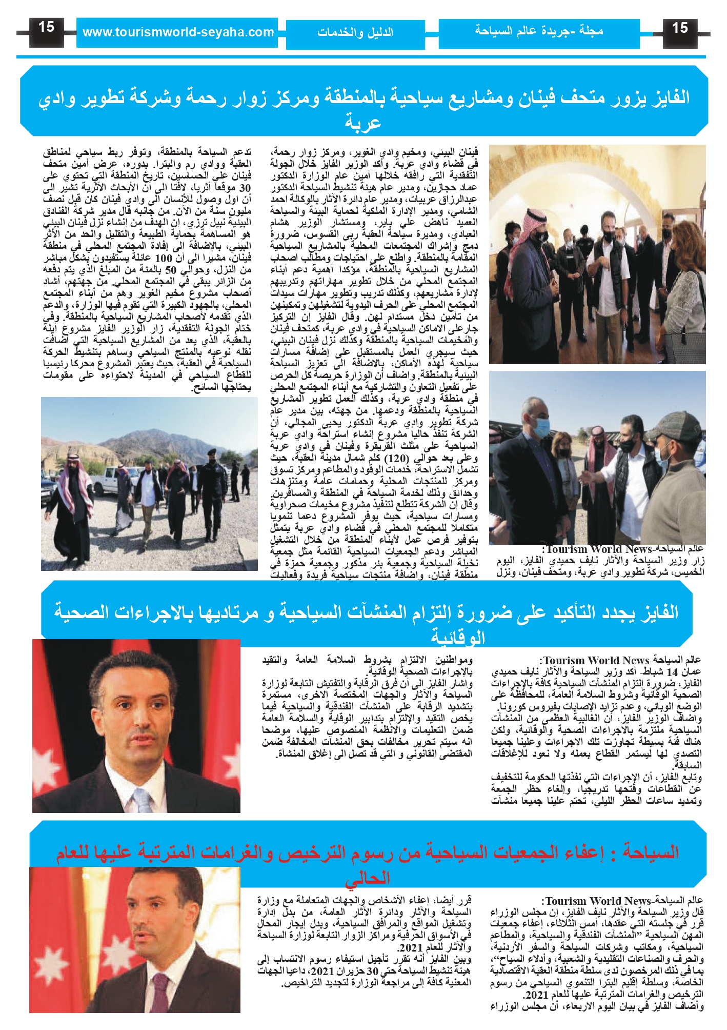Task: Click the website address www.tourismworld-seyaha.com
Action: coord(177,33)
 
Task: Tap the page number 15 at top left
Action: coord(46,27)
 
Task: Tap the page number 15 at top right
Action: coord(680,28)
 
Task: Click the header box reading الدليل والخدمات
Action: coord(355,33)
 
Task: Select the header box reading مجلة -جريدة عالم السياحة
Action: coord(539,31)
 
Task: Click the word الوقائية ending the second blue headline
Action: coord(458,638)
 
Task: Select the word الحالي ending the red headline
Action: coord(368,878)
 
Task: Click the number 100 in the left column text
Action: coord(163,258)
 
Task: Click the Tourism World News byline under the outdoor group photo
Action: coord(598,549)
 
